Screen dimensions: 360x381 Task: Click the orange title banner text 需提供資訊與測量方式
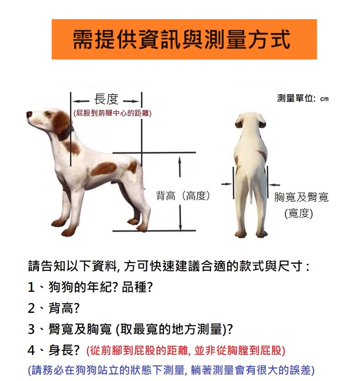(x=181, y=39)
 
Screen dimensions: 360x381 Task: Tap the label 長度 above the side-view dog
(x=106, y=99)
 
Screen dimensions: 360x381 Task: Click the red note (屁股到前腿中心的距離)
(x=113, y=113)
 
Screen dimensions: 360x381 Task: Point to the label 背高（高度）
(x=183, y=196)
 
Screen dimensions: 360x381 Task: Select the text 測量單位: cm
(x=303, y=98)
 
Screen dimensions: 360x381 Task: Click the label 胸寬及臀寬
(x=301, y=197)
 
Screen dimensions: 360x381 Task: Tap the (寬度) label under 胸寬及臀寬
(x=299, y=214)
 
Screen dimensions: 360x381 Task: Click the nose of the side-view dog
(x=29, y=114)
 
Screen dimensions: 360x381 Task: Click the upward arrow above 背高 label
(x=180, y=166)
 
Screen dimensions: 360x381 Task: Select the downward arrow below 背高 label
(x=180, y=218)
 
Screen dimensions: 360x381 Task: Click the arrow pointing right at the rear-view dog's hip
(x=226, y=184)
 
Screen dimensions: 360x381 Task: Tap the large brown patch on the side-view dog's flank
(x=104, y=169)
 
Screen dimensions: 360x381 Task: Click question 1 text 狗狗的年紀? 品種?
(x=101, y=287)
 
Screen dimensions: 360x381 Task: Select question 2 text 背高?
(x=64, y=308)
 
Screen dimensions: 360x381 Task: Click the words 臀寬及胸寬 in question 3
(x=80, y=329)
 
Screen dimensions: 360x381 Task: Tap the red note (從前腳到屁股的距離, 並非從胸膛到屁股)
(x=186, y=350)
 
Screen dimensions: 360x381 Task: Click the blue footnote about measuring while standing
(x=172, y=370)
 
